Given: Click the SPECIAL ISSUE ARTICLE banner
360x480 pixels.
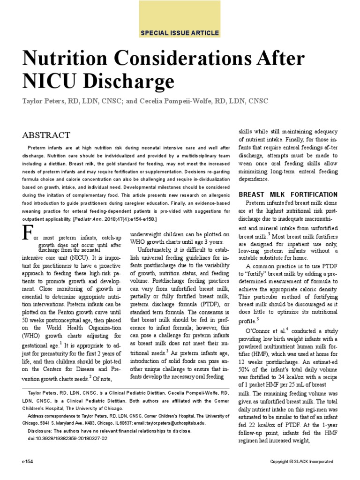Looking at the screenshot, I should click(180, 33).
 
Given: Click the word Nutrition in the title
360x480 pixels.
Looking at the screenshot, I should click(68, 60).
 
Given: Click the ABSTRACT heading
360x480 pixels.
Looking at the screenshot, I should click(46, 135).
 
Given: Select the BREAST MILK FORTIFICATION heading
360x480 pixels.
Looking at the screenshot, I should click(288, 194).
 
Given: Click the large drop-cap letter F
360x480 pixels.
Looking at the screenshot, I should click(29, 233).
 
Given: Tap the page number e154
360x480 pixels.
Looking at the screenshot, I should click(30, 462).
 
